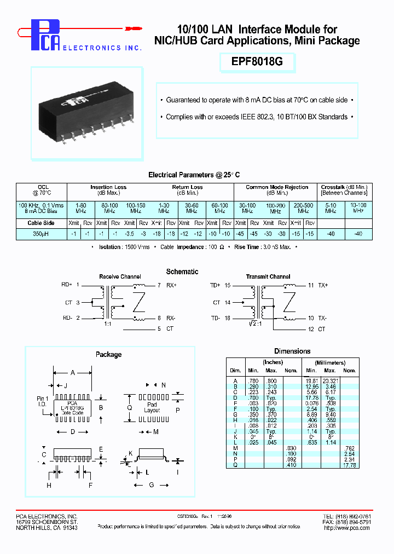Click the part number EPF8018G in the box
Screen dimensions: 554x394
pyautogui.click(x=258, y=61)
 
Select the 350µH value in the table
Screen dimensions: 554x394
pyautogui.click(x=43, y=233)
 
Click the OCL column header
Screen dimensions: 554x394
pyautogui.click(x=43, y=190)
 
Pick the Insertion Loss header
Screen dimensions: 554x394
pyautogui.click(x=108, y=187)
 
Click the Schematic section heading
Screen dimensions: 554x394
pyautogui.click(x=182, y=272)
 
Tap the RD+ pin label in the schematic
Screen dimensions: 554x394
pyautogui.click(x=67, y=285)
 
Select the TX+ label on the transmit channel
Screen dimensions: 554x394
pyautogui.click(x=322, y=285)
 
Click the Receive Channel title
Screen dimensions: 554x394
pyautogui.click(x=120, y=277)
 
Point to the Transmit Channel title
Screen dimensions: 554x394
pyautogui.click(x=268, y=277)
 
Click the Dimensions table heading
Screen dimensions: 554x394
pyautogui.click(x=292, y=351)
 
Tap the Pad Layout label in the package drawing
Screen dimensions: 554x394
pyautogui.click(x=152, y=407)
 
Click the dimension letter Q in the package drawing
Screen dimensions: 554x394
pyautogui.click(x=130, y=407)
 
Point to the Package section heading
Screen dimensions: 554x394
pyautogui.click(x=108, y=354)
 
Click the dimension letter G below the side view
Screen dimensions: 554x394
pyautogui.click(x=152, y=485)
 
